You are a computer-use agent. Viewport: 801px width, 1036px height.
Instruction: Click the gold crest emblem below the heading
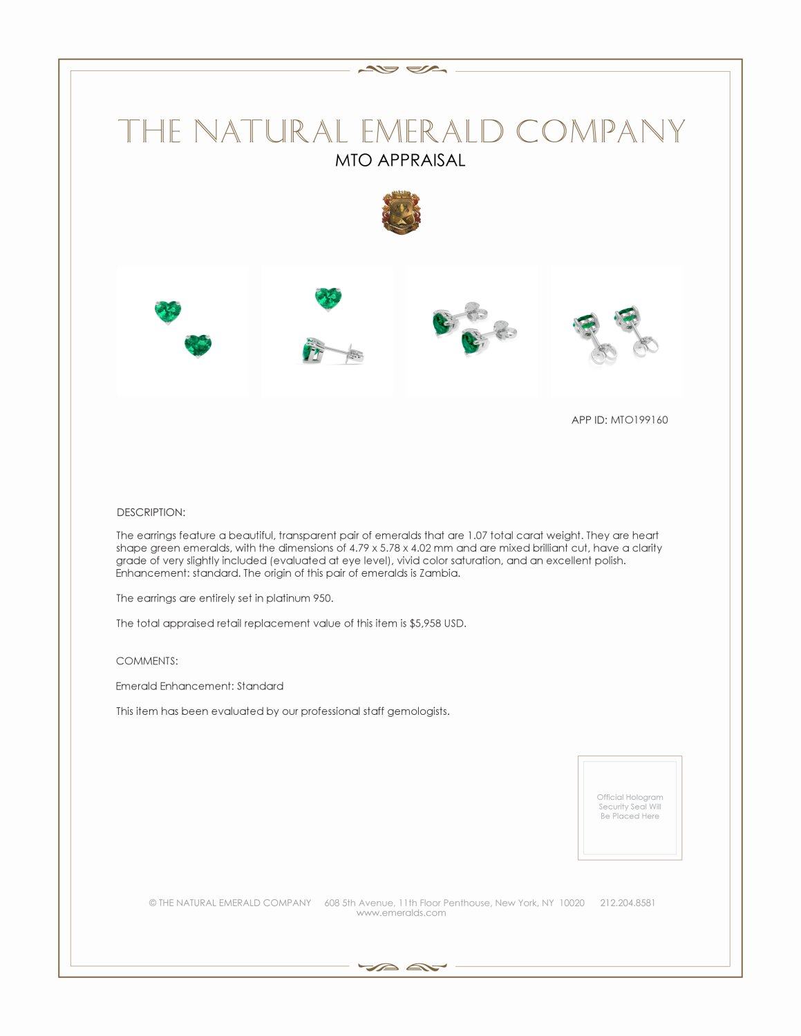(401, 213)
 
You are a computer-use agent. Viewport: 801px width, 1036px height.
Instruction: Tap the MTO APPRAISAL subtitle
(400, 160)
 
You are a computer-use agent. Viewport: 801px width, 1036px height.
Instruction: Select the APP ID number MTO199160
(639, 420)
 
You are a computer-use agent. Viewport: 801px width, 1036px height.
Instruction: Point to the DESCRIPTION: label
(151, 512)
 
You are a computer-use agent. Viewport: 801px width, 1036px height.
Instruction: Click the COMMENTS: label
(147, 661)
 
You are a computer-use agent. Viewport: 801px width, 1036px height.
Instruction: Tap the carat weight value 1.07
(477, 535)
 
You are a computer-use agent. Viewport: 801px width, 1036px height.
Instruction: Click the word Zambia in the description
(439, 573)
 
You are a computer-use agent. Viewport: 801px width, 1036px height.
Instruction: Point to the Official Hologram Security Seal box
(630, 807)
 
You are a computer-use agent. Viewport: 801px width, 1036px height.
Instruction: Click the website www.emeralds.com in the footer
(401, 913)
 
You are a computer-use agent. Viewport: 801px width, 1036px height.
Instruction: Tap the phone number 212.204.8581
(628, 903)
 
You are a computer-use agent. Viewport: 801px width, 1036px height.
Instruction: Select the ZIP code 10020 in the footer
(572, 903)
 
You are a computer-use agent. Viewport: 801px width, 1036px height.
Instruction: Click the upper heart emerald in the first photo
(168, 311)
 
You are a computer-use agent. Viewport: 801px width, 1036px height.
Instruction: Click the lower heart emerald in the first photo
(198, 345)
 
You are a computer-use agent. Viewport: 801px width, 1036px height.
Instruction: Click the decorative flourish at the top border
(402, 70)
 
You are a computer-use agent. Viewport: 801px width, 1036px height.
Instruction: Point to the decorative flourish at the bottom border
(402, 967)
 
